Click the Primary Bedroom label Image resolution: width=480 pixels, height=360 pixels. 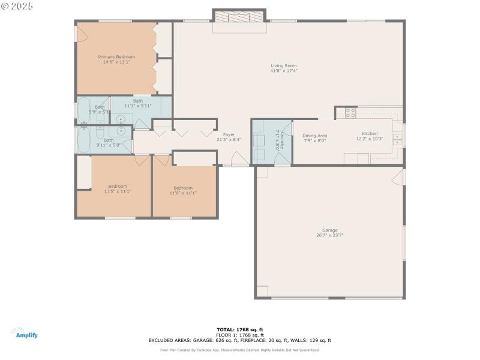point(116,57)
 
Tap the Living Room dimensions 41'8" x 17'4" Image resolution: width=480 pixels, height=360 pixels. point(284,71)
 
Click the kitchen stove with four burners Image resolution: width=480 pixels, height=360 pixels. point(350,112)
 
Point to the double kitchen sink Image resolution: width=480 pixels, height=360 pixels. point(397,139)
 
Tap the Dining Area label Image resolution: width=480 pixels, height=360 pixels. point(314,136)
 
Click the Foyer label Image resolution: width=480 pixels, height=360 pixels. point(229,134)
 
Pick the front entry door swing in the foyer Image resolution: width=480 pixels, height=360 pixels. point(239,159)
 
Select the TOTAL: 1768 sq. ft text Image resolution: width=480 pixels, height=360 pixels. point(240,329)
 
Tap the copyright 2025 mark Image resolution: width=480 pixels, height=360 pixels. point(18,5)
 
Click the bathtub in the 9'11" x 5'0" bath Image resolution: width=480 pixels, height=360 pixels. point(83,140)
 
